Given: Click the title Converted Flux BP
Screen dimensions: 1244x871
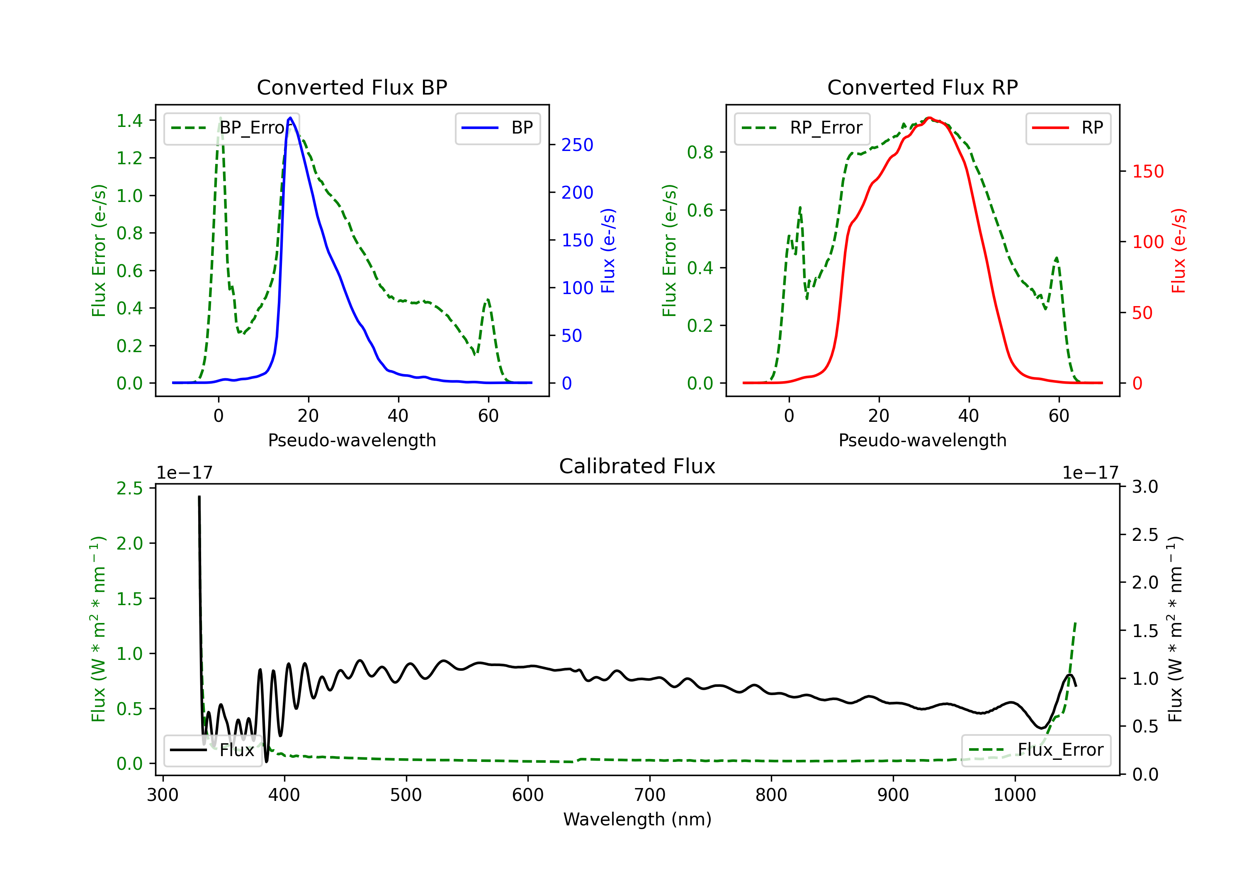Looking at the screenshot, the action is tap(352, 87).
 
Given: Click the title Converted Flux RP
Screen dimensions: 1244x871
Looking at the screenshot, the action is tap(922, 87).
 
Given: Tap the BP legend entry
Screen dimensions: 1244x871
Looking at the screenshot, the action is tap(497, 128).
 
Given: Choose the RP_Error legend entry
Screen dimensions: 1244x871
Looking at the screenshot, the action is tap(802, 128).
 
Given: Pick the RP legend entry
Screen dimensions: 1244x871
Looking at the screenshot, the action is tap(1068, 128).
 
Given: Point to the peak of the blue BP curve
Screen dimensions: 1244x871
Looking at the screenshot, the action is tap(290, 118).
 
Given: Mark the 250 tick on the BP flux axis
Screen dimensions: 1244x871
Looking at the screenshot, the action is tap(577, 145).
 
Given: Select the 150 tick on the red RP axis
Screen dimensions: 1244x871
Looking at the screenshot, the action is tap(1148, 171).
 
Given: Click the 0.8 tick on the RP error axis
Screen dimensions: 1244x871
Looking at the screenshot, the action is tap(700, 152).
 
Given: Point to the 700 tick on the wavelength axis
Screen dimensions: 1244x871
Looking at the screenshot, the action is tap(650, 795).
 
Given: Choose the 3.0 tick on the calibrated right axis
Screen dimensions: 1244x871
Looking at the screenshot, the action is tap(1145, 487).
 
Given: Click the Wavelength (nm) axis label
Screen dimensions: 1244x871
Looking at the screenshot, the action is tap(637, 819).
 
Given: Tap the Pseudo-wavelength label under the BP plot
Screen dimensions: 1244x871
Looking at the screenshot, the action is tap(352, 440).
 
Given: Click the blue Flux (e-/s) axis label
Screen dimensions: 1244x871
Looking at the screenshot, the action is tap(608, 251).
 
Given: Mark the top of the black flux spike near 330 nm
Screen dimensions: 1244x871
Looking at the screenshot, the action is tap(199, 496).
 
